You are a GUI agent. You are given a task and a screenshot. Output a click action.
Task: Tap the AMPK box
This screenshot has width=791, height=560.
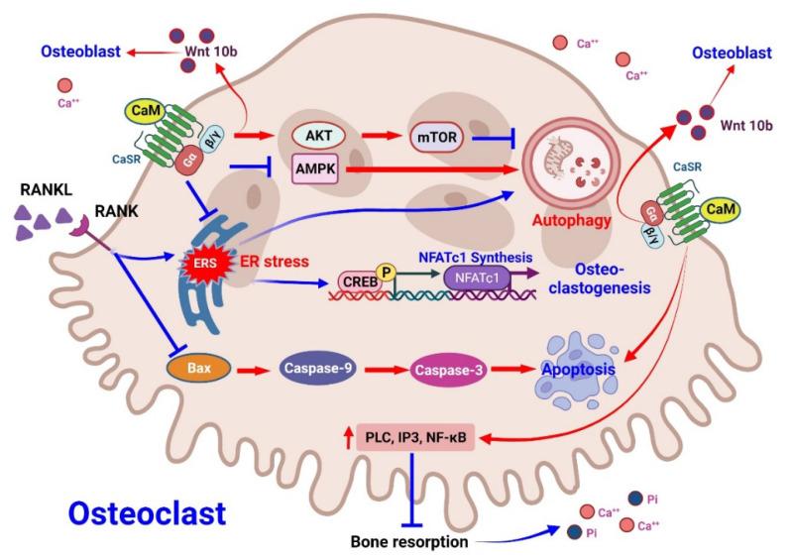(x=316, y=169)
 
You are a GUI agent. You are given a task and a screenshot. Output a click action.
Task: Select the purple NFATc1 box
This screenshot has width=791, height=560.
(x=477, y=279)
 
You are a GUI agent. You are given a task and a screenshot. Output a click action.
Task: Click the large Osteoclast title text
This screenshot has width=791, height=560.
(x=148, y=512)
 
